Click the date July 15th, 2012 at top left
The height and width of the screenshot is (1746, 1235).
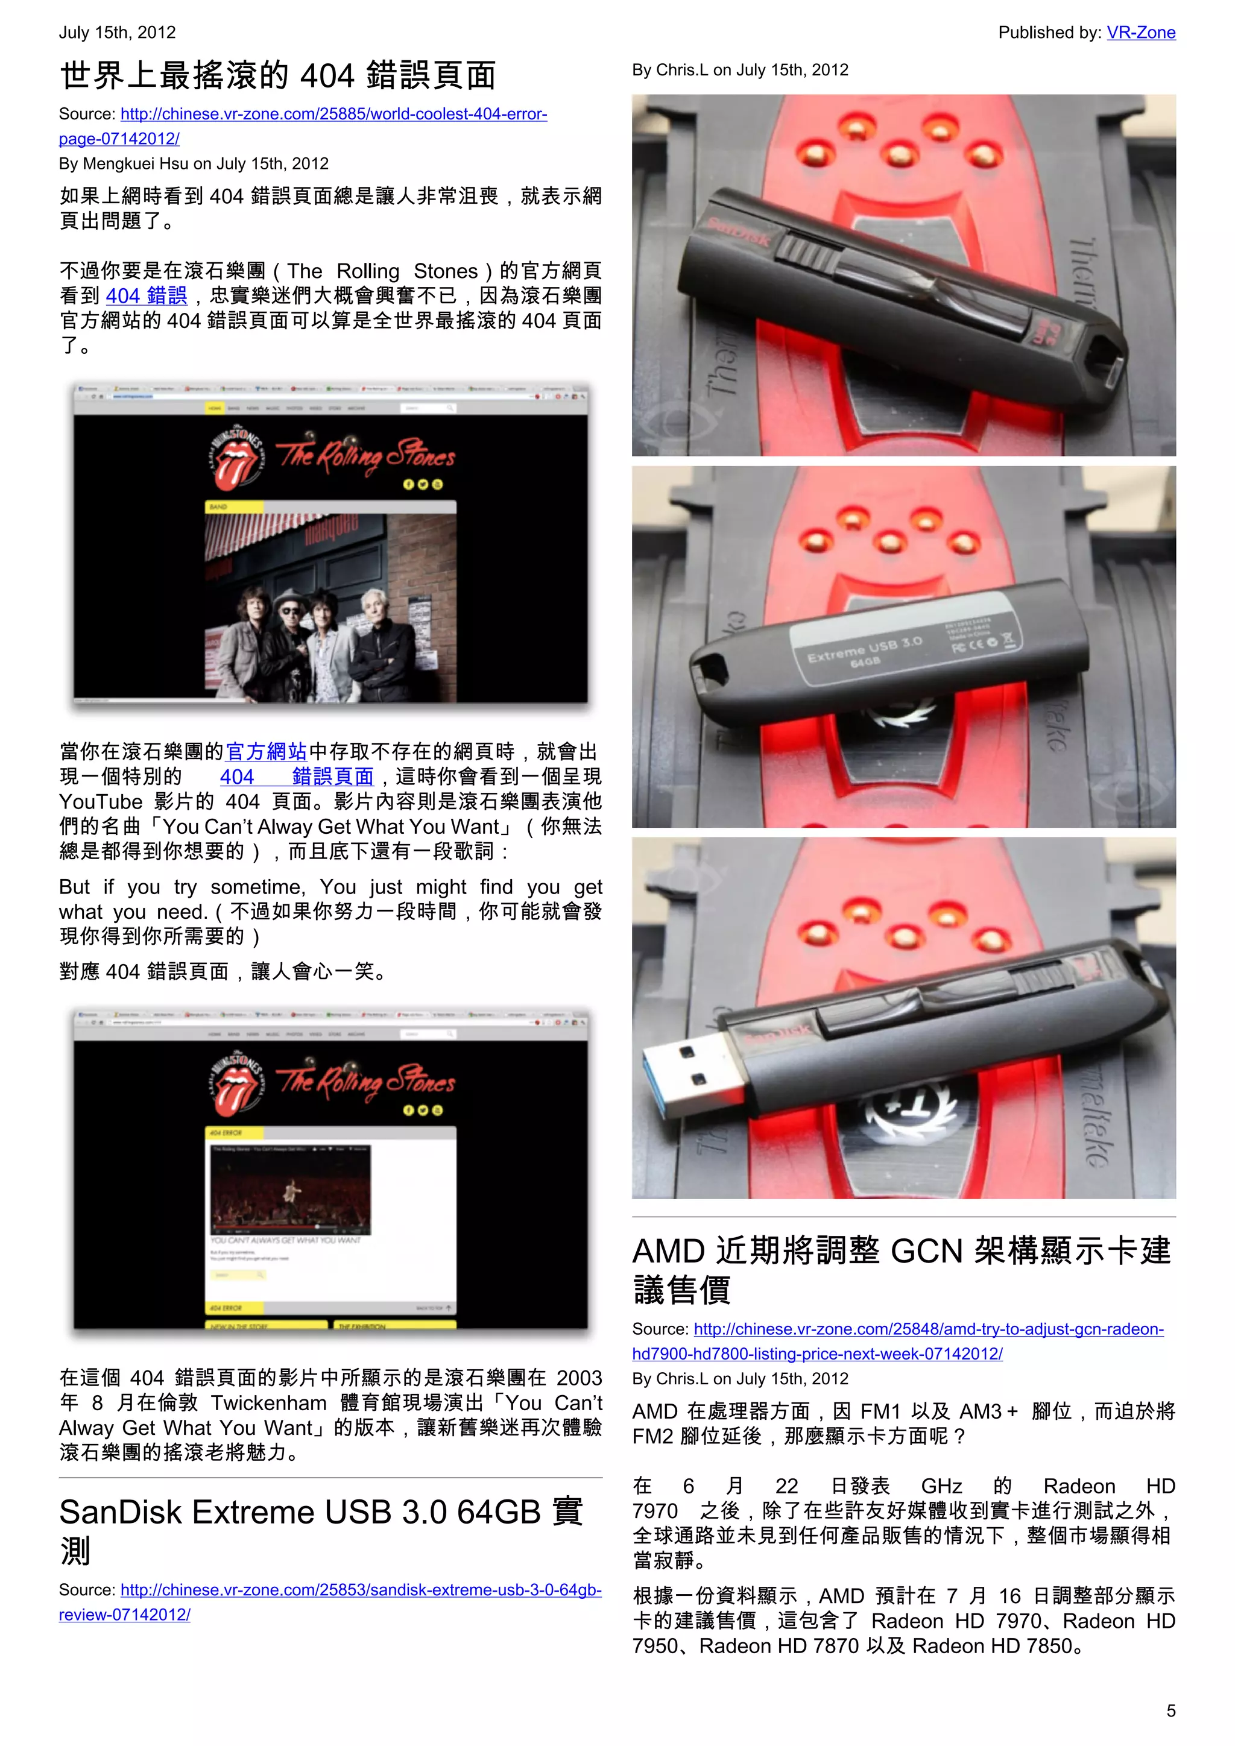pyautogui.click(x=117, y=33)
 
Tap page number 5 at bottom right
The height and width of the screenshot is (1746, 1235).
pyautogui.click(x=1170, y=1710)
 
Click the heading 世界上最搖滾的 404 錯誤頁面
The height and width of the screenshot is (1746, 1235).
pyautogui.click(x=277, y=75)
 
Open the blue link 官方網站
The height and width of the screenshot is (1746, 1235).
pyautogui.click(x=266, y=751)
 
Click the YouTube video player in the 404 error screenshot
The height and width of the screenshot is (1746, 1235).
pyautogui.click(x=291, y=1191)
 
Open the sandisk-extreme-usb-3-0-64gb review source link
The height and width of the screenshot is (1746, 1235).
pyautogui.click(x=361, y=1589)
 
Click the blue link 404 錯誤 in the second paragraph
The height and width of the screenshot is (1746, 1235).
pyautogui.click(x=146, y=296)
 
